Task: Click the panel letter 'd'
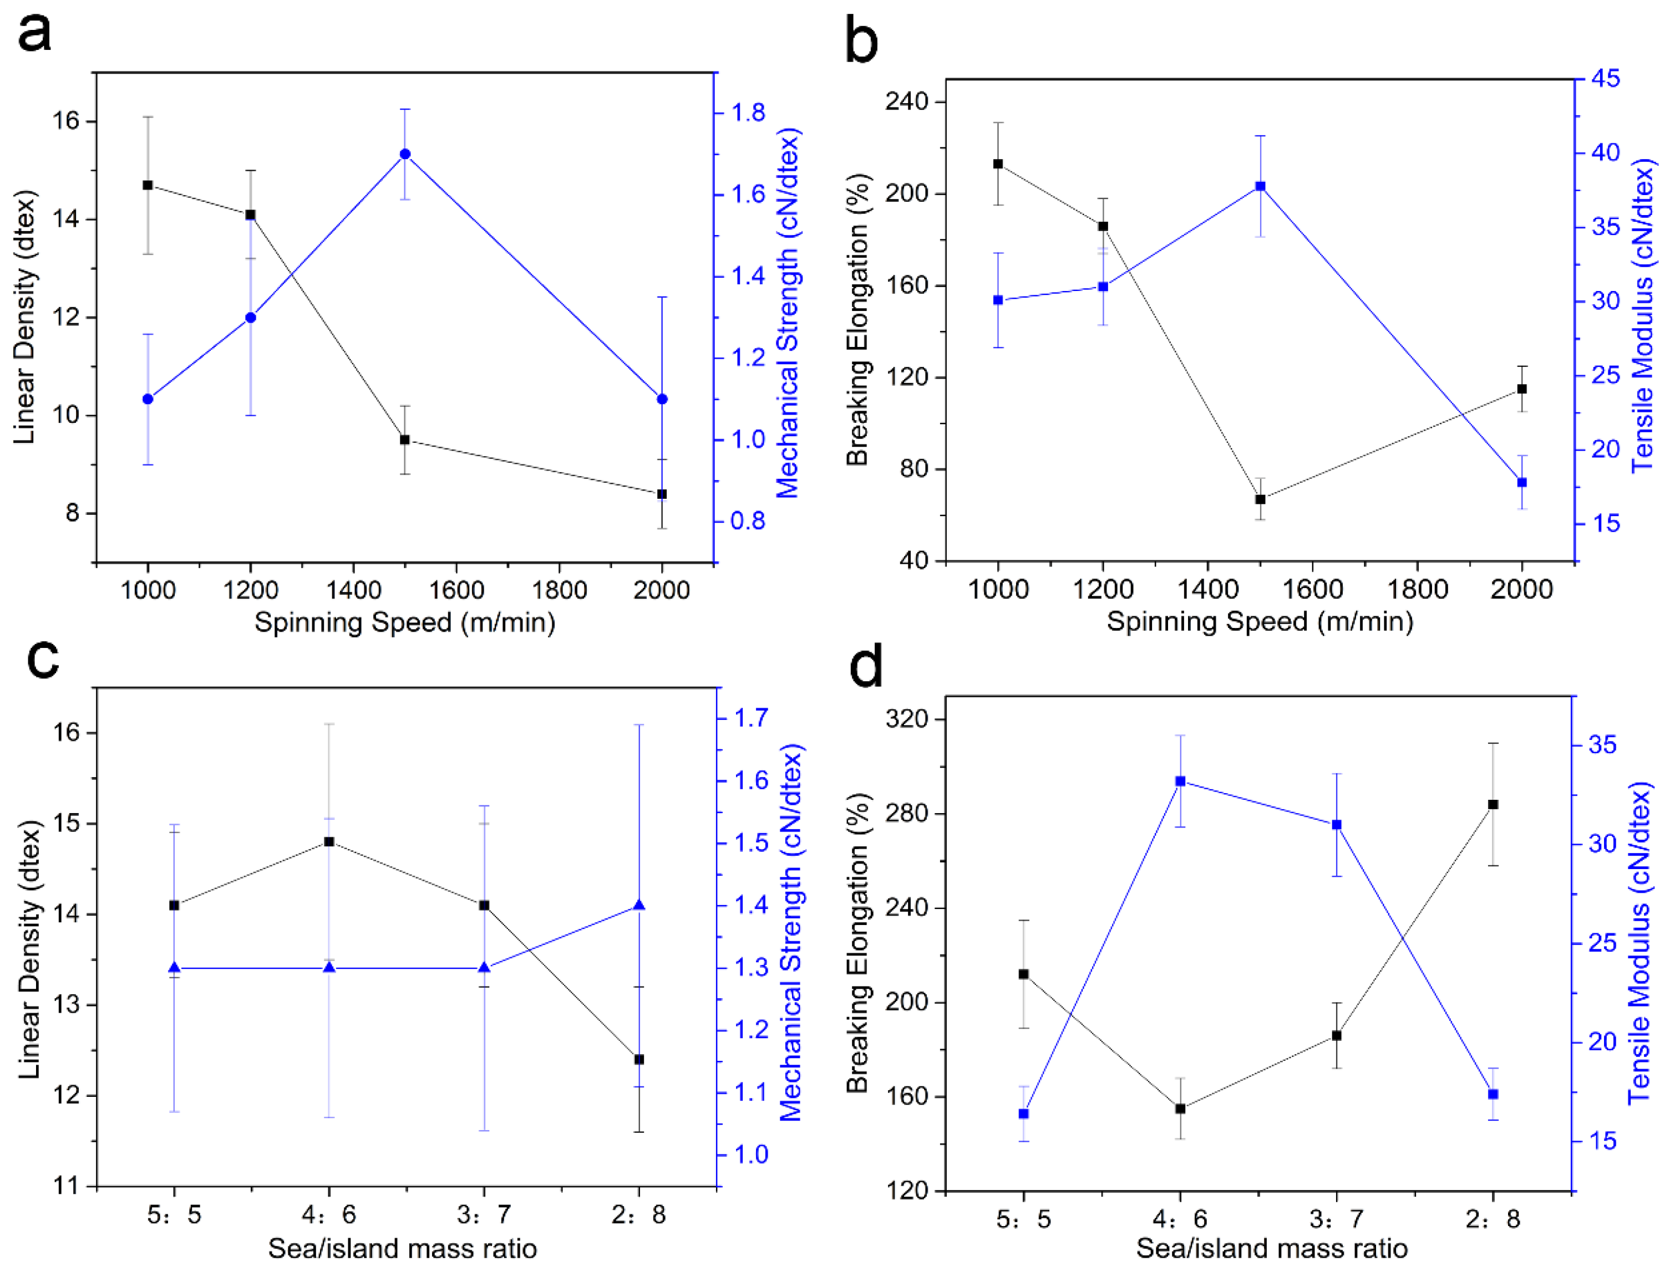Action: [x=865, y=666]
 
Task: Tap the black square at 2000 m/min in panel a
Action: [x=662, y=494]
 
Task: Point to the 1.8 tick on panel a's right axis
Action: [x=748, y=113]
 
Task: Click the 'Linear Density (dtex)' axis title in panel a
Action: [x=24, y=317]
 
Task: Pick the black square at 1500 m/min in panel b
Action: [x=1260, y=499]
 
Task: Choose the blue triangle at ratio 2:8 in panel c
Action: [x=639, y=905]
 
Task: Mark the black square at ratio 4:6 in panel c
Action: [x=329, y=841]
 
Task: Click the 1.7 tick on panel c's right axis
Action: [x=750, y=718]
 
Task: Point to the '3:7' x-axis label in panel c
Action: [x=484, y=1215]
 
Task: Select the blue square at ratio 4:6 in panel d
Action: [x=1180, y=781]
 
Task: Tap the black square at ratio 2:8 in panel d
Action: [x=1493, y=804]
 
